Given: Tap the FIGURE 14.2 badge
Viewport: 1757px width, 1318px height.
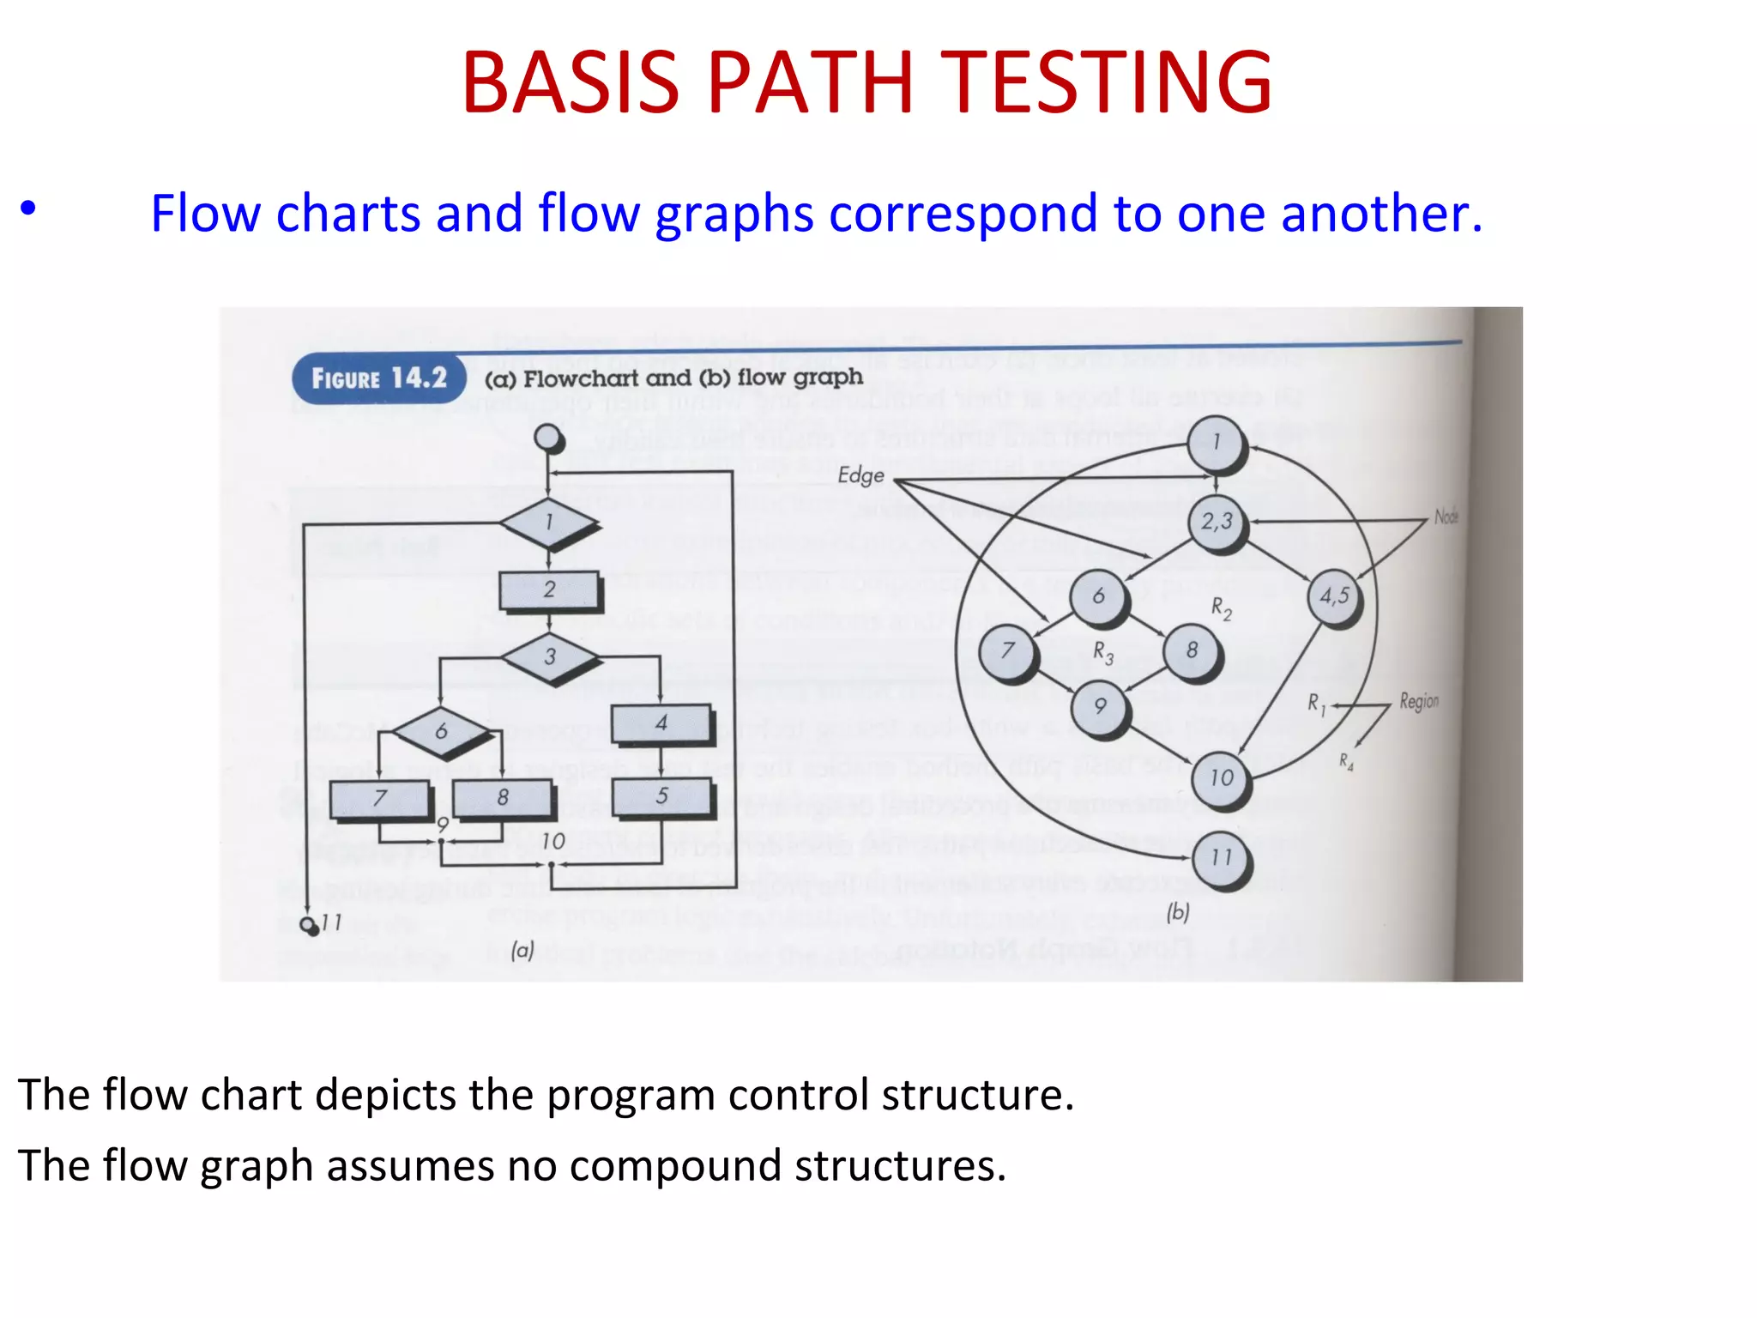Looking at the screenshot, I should pyautogui.click(x=378, y=378).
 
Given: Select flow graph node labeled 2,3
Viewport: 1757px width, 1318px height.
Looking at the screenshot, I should pyautogui.click(x=1217, y=522).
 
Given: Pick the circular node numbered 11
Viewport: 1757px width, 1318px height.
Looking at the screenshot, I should pyautogui.click(x=1222, y=857).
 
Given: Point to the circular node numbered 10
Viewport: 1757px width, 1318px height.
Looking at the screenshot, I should pyautogui.click(x=1222, y=779).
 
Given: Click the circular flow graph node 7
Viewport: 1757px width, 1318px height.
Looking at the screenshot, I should pyautogui.click(x=1008, y=651).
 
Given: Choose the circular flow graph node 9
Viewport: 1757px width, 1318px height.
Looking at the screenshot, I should pyautogui.click(x=1100, y=707).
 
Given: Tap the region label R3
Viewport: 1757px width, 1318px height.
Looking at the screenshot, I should pyautogui.click(x=1103, y=654).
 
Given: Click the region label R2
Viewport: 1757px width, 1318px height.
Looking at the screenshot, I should pyautogui.click(x=1222, y=609).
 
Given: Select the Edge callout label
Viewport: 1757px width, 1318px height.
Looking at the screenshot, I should pyautogui.click(x=860, y=475).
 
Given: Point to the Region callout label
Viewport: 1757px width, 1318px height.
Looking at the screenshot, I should pyautogui.click(x=1419, y=701).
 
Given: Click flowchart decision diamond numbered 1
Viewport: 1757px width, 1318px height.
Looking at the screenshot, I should pyautogui.click(x=549, y=522).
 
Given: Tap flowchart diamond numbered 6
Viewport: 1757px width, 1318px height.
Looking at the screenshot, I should pyautogui.click(x=442, y=731).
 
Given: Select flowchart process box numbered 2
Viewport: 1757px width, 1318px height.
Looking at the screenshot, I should pyautogui.click(x=549, y=590).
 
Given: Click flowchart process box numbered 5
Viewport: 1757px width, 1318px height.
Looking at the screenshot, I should pyautogui.click(x=661, y=796).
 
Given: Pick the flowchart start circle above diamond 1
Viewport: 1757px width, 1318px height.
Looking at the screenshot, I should pyautogui.click(x=548, y=438).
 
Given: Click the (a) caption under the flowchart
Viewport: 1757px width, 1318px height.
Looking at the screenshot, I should pyautogui.click(x=522, y=950).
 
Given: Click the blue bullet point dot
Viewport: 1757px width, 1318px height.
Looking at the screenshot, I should pyautogui.click(x=28, y=209).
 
